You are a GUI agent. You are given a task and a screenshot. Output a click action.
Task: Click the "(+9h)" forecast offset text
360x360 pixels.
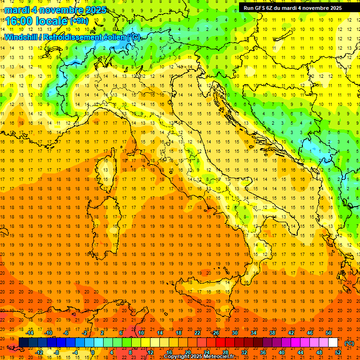[x=78, y=21]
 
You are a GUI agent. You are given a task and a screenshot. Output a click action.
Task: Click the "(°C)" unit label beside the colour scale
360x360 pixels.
[x=349, y=343]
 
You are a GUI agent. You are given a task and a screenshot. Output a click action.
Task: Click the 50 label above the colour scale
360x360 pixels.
[x=329, y=333]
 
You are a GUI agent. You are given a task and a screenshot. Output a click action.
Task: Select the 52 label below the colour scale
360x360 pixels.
[x=338, y=352]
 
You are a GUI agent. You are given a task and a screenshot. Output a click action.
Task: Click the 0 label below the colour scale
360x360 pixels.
[x=93, y=352]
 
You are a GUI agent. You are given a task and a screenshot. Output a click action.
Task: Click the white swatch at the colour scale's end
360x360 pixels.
[x=333, y=343]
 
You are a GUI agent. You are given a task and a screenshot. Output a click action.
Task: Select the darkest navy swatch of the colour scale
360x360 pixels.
[x=23, y=343]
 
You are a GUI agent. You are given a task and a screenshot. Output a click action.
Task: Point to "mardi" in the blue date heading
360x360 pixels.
[x=17, y=10]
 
